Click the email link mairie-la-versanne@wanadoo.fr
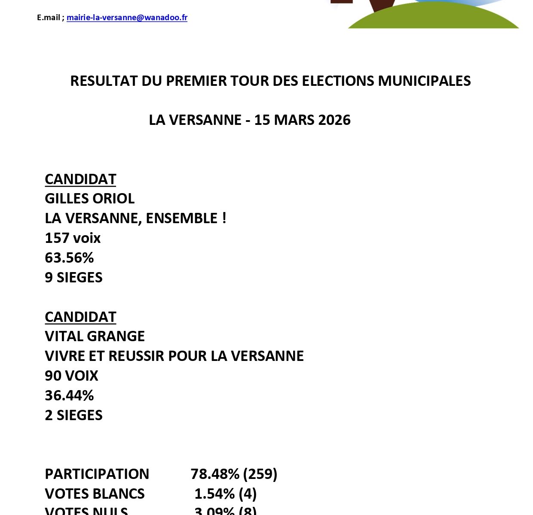click(x=127, y=18)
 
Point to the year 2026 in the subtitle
click(x=334, y=120)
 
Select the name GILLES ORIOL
click(x=89, y=198)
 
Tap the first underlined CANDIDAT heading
click(x=80, y=179)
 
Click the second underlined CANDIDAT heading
click(x=80, y=317)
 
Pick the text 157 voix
click(x=73, y=238)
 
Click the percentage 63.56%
click(x=69, y=257)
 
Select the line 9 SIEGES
click(x=74, y=277)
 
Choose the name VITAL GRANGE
click(x=95, y=336)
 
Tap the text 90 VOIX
click(x=71, y=376)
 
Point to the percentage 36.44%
click(x=69, y=395)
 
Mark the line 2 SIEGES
click(x=74, y=415)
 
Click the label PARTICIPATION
click(x=97, y=474)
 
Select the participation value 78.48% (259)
click(x=234, y=474)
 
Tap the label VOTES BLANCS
click(x=95, y=494)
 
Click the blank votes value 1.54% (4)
click(x=225, y=494)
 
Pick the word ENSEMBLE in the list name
click(x=181, y=218)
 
